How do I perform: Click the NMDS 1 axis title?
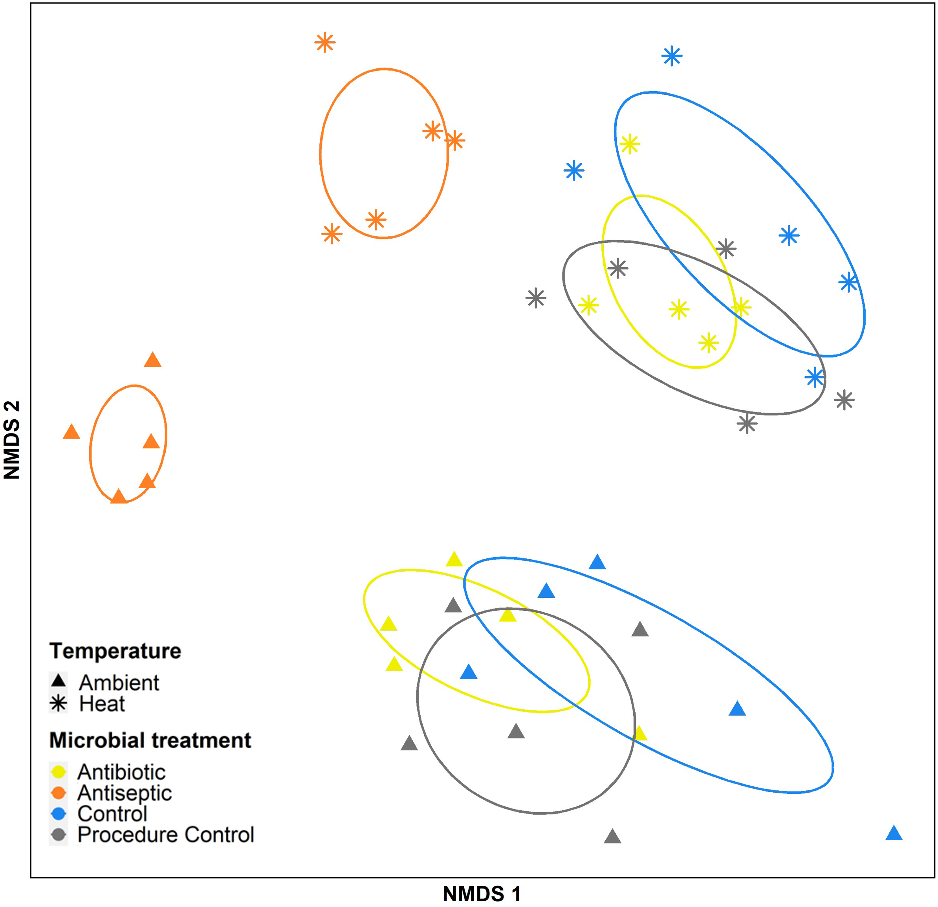pyautogui.click(x=482, y=894)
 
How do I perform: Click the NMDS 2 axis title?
pyautogui.click(x=11, y=440)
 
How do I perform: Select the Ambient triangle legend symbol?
pyautogui.click(x=59, y=681)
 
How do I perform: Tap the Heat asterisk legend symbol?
pyautogui.click(x=59, y=703)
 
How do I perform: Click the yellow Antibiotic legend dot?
pyautogui.click(x=59, y=771)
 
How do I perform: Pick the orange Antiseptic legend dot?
pyautogui.click(x=59, y=793)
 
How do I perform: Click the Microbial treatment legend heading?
pyautogui.click(x=150, y=740)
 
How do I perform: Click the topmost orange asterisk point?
pyautogui.click(x=325, y=42)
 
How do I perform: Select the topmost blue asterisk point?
pyautogui.click(x=672, y=56)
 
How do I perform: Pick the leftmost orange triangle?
pyautogui.click(x=71, y=432)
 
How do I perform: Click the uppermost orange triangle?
pyautogui.click(x=153, y=360)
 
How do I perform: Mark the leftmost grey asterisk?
pyautogui.click(x=535, y=298)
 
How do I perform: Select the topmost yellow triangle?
pyautogui.click(x=454, y=559)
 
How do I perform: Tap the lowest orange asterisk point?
pyautogui.click(x=332, y=234)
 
